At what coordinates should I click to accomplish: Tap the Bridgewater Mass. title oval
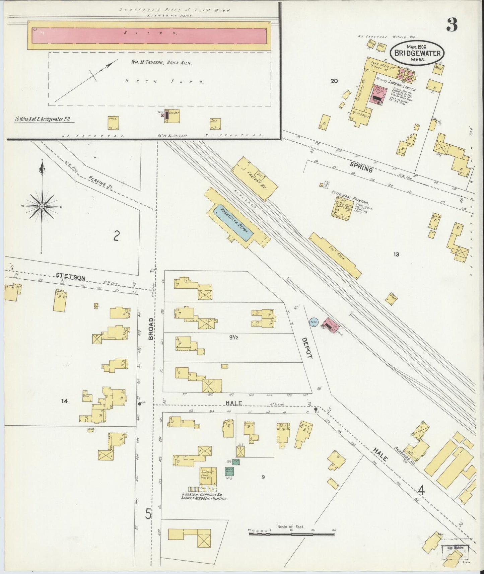(417, 53)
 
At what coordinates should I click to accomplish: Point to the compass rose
(42, 207)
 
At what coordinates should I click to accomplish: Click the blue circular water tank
(314, 322)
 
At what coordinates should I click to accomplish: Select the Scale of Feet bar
(291, 534)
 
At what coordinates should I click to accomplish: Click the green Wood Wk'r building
(229, 471)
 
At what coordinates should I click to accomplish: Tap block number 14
(65, 401)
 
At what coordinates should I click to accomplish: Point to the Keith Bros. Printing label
(350, 199)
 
